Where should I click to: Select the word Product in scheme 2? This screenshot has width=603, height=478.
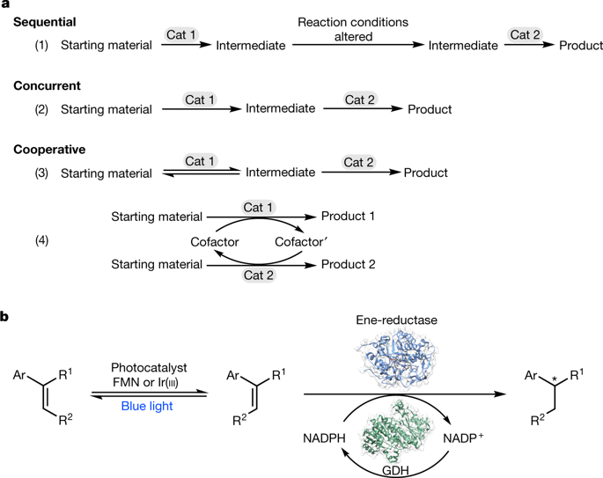point(430,110)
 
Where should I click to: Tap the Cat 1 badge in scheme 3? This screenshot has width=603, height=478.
point(201,162)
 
